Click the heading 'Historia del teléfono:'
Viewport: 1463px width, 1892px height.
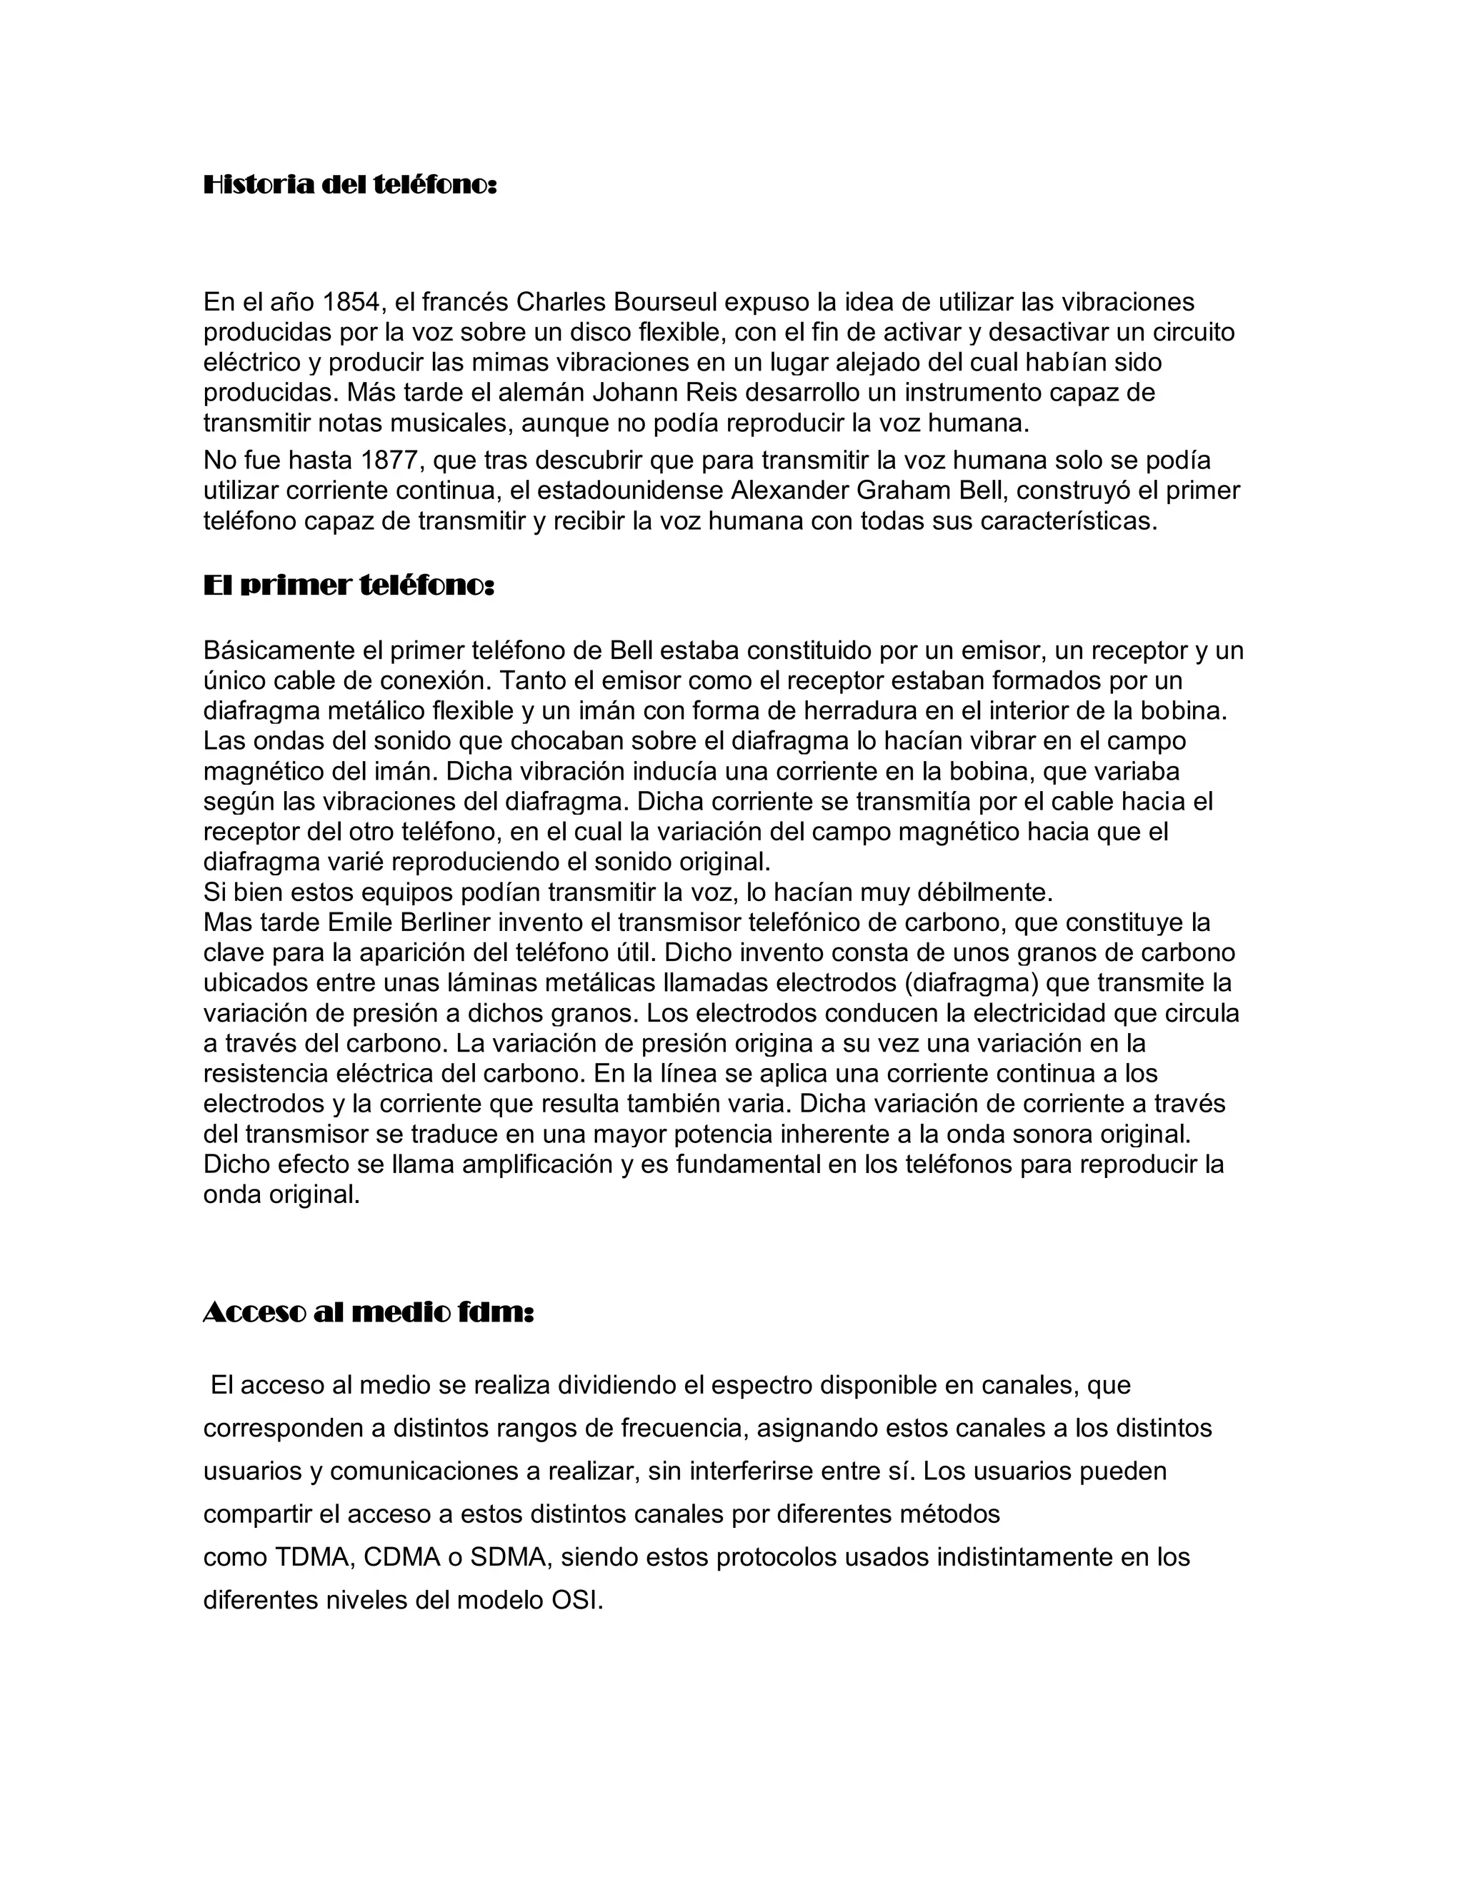[350, 186]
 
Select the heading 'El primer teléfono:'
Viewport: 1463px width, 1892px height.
[349, 586]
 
